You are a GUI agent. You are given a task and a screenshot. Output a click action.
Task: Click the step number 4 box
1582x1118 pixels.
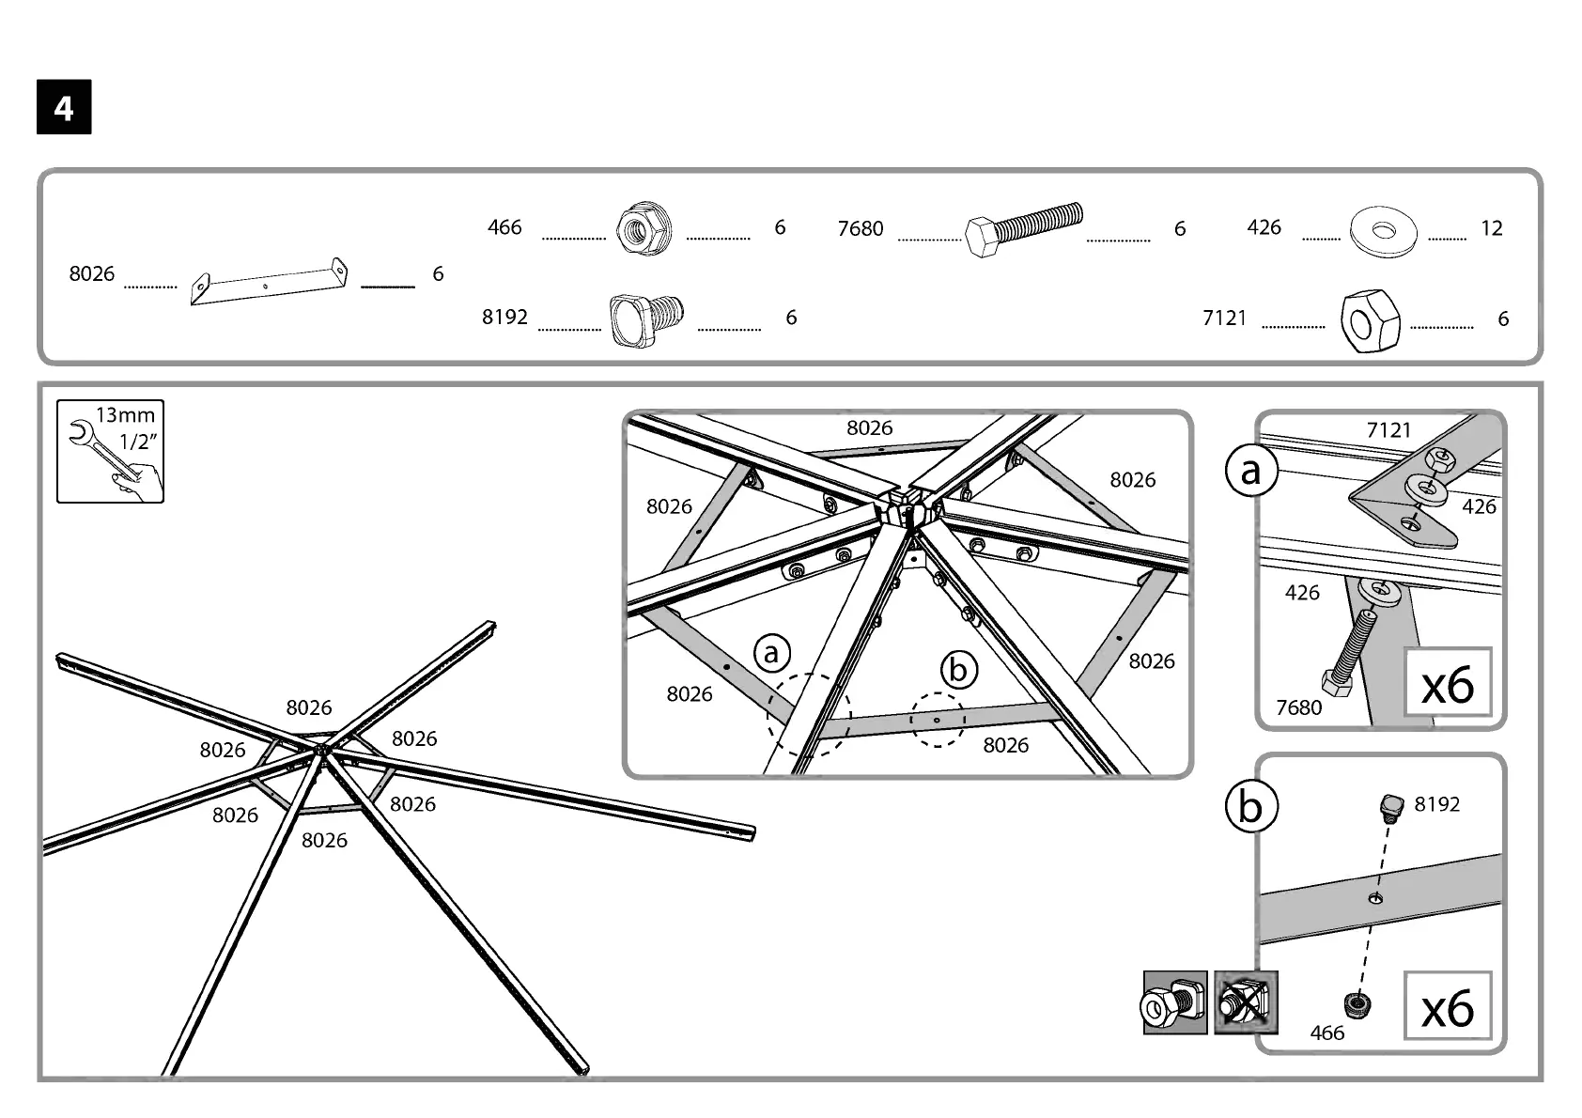64,108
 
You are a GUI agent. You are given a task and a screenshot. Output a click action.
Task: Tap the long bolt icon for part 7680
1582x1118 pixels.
1023,230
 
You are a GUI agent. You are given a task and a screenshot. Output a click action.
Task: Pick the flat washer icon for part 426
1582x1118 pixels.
1383,229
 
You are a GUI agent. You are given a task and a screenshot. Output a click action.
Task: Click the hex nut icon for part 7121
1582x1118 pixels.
1371,320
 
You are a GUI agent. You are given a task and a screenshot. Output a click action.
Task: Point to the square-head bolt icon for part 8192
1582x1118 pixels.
647,318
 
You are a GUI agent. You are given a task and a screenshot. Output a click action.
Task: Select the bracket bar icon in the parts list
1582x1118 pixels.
269,282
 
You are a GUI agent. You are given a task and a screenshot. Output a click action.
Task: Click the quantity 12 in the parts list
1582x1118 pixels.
1491,228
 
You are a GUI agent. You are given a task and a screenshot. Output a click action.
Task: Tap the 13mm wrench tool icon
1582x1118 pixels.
110,451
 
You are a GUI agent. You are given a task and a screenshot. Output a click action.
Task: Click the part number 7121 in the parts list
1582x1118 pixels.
1224,318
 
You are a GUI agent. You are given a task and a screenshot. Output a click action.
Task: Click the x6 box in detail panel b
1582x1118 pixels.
1447,1006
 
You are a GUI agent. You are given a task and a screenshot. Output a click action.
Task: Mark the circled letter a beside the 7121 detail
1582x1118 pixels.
1251,471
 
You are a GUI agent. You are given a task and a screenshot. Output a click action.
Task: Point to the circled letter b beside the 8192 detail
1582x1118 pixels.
1251,806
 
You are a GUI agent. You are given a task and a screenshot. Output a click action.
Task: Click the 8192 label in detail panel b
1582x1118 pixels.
1436,804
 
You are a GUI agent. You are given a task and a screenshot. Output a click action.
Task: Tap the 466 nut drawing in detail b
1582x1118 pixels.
1355,1004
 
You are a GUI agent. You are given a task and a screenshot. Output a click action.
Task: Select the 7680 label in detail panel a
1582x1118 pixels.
1298,707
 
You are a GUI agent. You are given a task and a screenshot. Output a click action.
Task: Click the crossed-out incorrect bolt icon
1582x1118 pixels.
1246,1003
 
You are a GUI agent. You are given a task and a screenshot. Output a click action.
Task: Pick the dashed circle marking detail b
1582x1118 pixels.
938,720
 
